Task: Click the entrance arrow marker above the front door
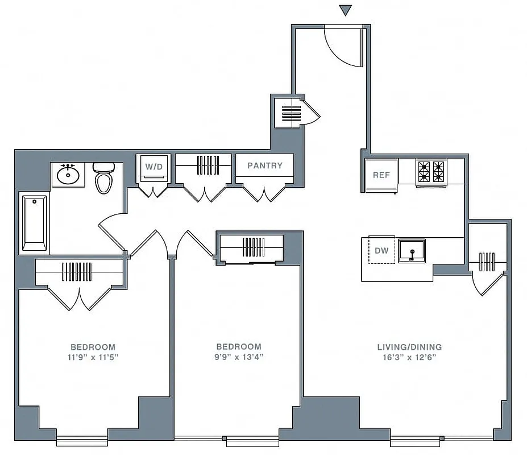(x=345, y=10)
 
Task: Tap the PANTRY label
(x=265, y=166)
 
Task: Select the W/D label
(x=153, y=167)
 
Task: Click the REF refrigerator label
(x=381, y=175)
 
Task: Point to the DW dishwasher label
(x=381, y=250)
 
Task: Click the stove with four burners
(x=431, y=172)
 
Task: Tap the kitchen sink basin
(x=412, y=250)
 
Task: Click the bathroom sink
(x=69, y=175)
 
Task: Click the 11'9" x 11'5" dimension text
(x=93, y=357)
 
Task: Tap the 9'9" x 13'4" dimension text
(x=239, y=357)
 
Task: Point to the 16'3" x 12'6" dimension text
(x=409, y=357)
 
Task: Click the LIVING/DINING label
(x=409, y=347)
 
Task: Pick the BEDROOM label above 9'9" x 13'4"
(x=239, y=346)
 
